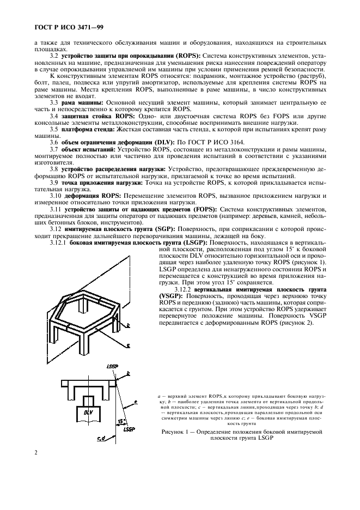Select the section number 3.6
54,141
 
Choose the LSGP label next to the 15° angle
129,430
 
